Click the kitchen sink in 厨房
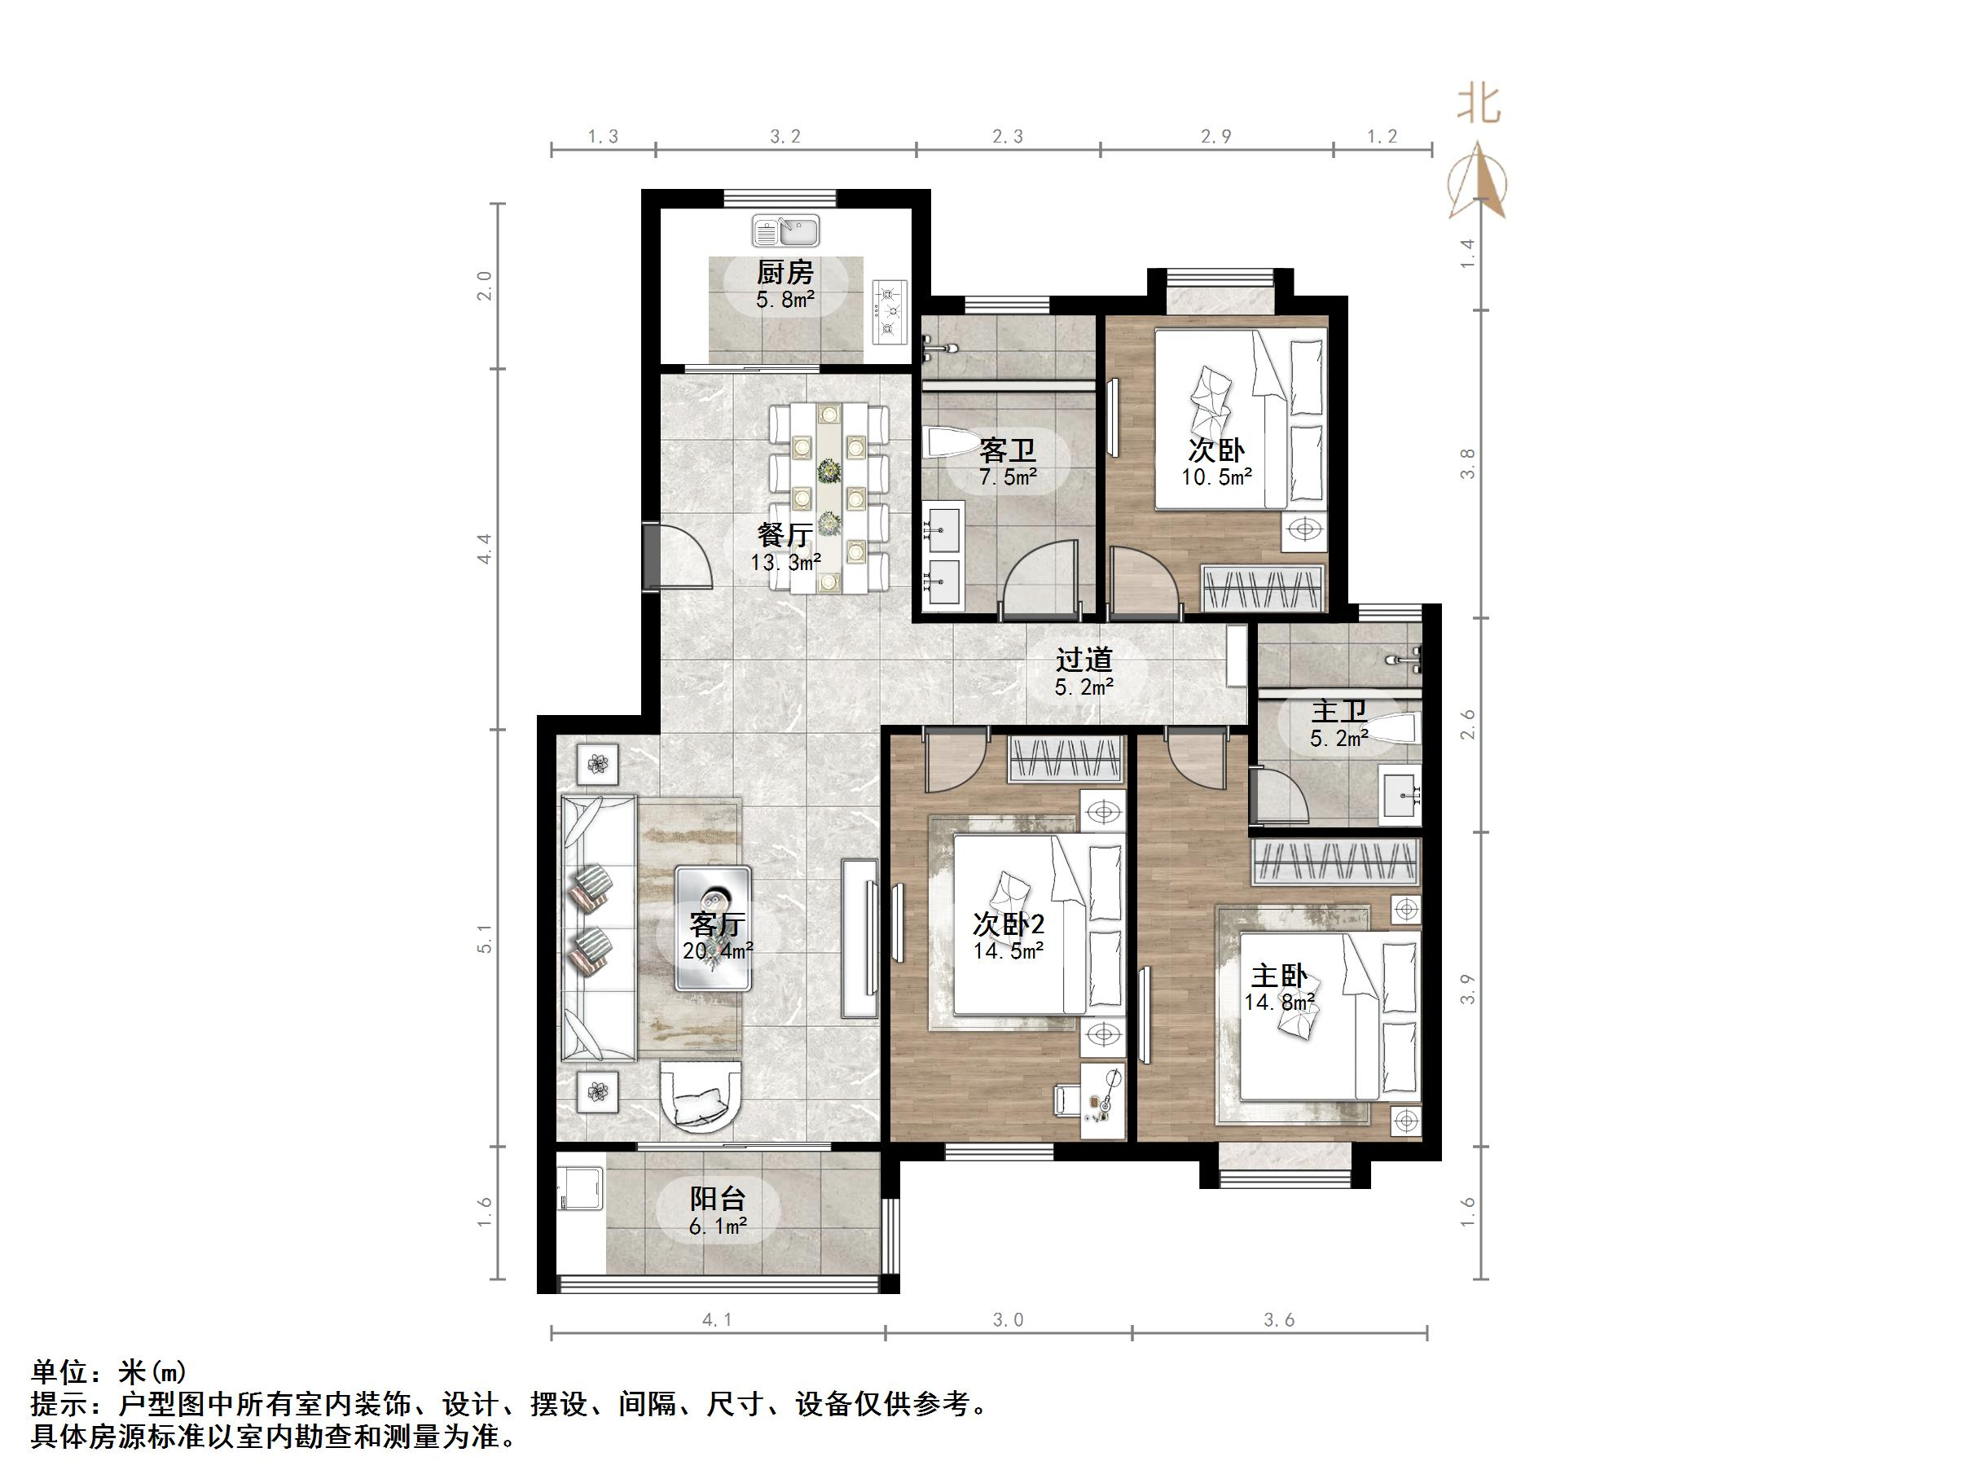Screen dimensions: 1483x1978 786,230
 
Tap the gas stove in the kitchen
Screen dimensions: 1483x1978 890,312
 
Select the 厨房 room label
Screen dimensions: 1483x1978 785,272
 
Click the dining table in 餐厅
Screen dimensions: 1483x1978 830,498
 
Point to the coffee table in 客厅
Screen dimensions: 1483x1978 713,928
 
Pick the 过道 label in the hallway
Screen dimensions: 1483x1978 1084,660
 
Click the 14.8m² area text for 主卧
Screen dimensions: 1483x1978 1279,1002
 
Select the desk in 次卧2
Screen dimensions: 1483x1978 1102,1101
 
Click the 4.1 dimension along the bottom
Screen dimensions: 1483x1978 717,1319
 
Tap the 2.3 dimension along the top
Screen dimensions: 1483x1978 1008,137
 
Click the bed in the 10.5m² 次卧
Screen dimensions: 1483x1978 1238,419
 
